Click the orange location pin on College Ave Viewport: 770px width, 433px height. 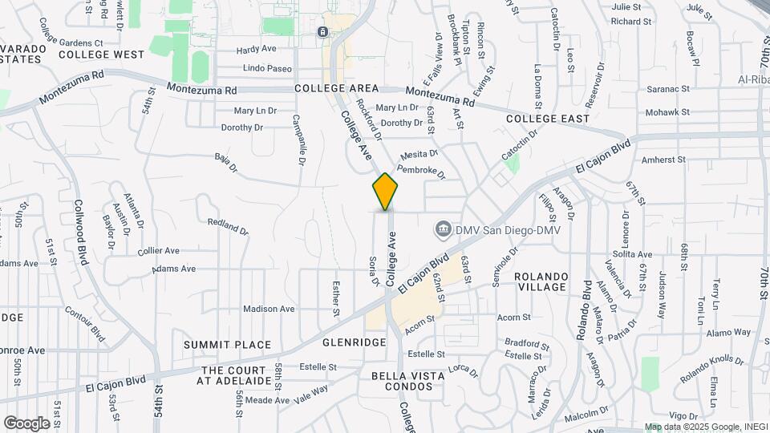pos(386,191)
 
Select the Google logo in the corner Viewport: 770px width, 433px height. pos(26,423)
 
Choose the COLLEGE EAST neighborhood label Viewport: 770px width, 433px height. pos(548,119)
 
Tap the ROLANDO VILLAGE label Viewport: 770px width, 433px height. pos(542,281)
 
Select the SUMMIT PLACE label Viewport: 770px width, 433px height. pos(227,345)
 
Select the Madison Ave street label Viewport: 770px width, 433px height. pos(269,309)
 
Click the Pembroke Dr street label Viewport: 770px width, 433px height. pos(420,170)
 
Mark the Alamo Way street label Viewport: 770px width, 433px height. pos(728,332)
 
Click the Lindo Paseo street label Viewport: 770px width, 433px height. pos(267,69)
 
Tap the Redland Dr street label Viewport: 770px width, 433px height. pos(228,226)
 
